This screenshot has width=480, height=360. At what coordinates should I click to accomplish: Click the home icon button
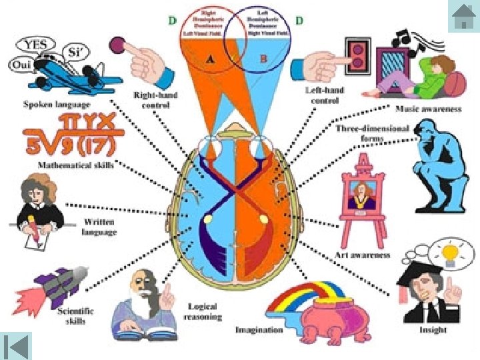coord(463,16)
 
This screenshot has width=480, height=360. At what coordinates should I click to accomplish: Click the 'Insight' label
coord(433,329)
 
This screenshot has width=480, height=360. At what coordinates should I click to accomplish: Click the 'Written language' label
coord(99,227)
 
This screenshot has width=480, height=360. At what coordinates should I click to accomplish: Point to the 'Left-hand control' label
coord(322,95)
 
